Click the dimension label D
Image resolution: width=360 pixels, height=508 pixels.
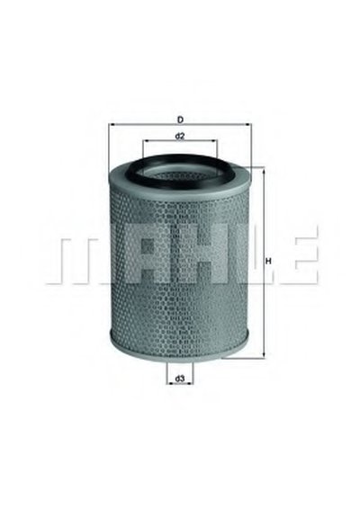180,120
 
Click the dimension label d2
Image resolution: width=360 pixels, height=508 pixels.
180,137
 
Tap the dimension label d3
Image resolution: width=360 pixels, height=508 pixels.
180,379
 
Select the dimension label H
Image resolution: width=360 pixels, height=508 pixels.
268,261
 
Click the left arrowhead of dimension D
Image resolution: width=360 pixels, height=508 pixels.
112,124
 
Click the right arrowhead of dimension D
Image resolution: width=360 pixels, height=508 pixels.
247,124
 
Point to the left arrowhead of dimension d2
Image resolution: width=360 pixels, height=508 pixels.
146,141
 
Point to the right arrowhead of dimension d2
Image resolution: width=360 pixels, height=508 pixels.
214,141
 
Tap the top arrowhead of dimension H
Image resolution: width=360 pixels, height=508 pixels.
264,171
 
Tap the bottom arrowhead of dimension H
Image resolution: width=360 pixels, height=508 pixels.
264,355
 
